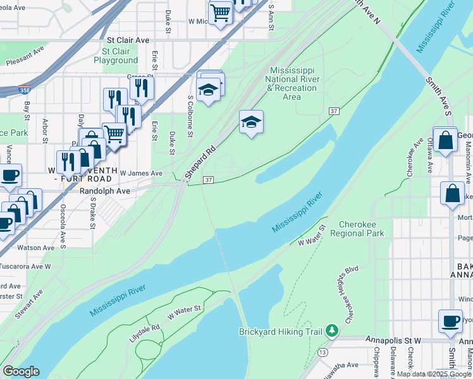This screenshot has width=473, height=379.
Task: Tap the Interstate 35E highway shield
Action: tap(25, 90)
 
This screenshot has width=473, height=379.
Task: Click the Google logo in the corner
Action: tap(21, 371)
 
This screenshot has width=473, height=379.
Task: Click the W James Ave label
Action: tap(141, 173)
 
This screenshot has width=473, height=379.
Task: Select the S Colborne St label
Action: tap(190, 115)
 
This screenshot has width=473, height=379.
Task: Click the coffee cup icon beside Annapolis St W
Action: tap(450, 321)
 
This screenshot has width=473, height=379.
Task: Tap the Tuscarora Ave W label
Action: tap(25, 266)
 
